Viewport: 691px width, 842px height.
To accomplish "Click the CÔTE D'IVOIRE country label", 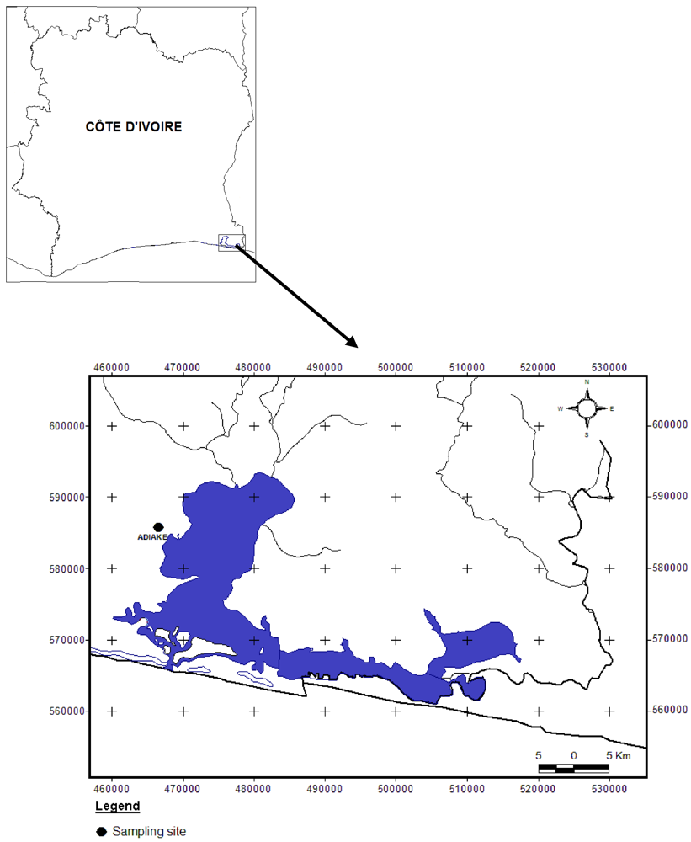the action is (x=134, y=127).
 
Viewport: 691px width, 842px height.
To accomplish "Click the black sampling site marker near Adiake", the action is (x=157, y=527).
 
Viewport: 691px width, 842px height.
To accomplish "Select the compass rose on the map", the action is (x=586, y=408).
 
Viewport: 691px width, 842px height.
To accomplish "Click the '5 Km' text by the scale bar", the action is (x=619, y=754).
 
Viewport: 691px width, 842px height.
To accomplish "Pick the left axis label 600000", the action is (x=66, y=426).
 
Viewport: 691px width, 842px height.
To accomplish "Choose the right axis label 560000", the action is (x=670, y=711).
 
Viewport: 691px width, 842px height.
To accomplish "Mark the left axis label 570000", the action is (x=66, y=640).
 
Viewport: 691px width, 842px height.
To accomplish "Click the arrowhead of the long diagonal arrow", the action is (x=353, y=342).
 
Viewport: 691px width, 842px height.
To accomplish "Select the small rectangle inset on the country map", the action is (x=231, y=242).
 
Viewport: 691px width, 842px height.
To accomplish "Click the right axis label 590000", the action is (x=670, y=497).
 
